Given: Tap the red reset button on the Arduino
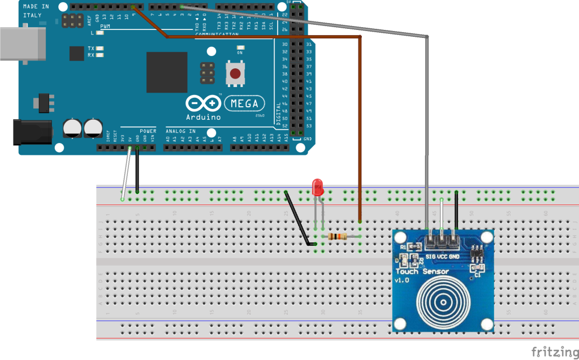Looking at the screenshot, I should (234, 73).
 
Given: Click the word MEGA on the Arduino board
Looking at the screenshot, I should (245, 104).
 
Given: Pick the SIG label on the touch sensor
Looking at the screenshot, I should (430, 257).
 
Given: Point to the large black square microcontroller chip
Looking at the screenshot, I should (167, 72).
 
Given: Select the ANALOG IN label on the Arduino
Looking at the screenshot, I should (180, 131).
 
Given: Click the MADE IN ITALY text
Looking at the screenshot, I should (35, 10).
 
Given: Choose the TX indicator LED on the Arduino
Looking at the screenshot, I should (100, 49).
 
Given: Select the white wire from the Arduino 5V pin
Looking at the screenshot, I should (126, 172).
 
